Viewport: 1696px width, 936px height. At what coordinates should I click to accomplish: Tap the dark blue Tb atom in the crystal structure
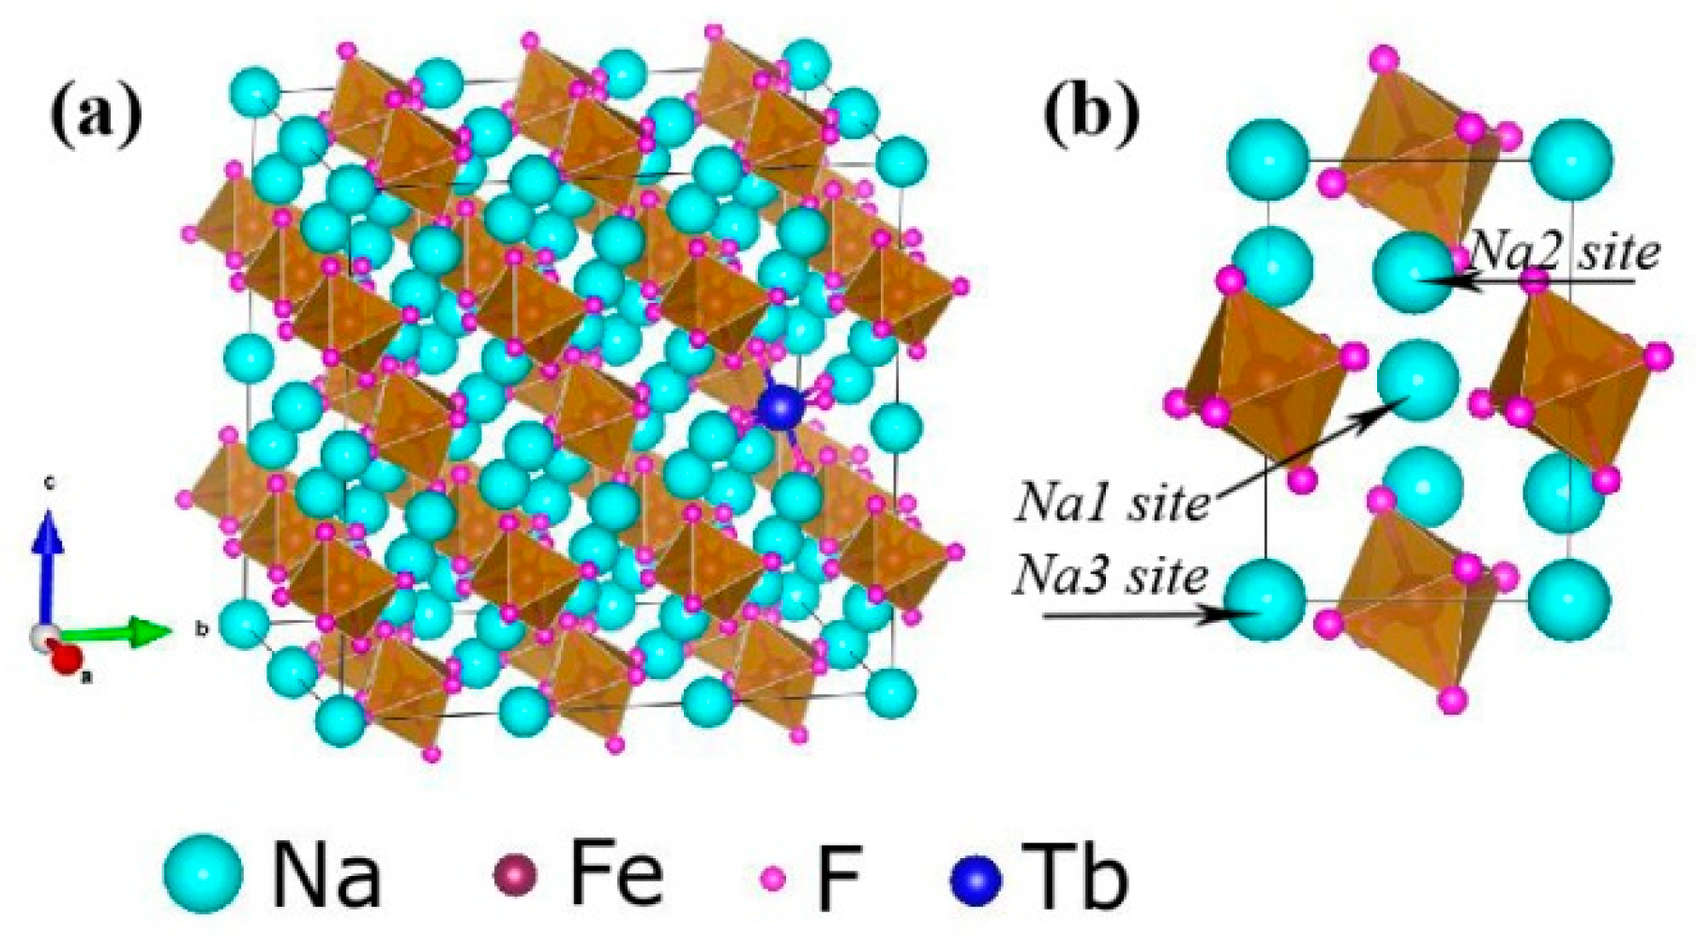click(x=781, y=408)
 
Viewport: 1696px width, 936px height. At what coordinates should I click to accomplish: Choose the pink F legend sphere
click(x=773, y=878)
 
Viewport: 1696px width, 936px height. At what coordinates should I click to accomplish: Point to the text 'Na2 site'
click(x=1564, y=250)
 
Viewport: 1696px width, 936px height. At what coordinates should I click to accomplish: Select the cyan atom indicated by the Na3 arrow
click(x=1265, y=600)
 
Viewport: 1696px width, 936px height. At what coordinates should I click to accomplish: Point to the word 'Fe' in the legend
click(x=615, y=874)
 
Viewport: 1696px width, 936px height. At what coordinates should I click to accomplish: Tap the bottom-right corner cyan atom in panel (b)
click(x=1569, y=600)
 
